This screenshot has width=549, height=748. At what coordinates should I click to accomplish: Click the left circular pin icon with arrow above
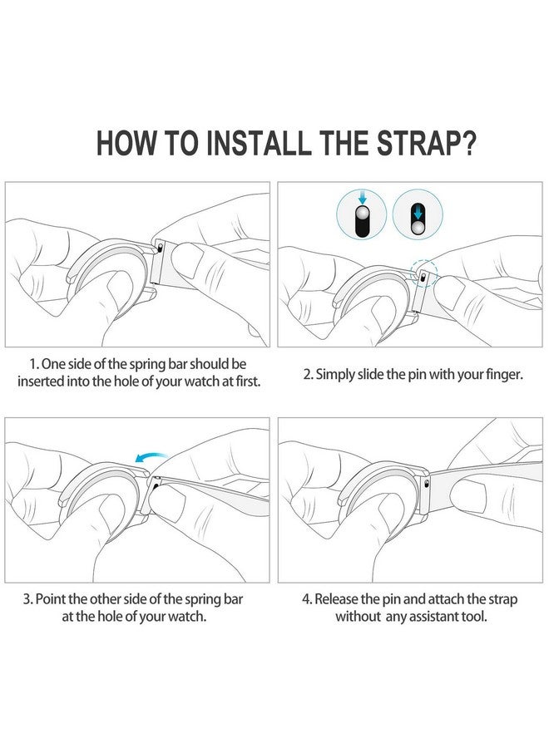coord(361,214)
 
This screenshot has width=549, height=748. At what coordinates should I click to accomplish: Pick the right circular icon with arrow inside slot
coord(418,214)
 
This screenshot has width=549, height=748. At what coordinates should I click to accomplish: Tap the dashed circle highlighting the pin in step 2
coord(423,273)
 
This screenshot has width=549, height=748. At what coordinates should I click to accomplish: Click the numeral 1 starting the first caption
coord(33,365)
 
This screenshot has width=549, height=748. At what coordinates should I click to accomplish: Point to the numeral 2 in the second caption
coord(308,375)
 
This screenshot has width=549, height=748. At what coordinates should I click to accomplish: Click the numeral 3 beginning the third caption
coord(27,599)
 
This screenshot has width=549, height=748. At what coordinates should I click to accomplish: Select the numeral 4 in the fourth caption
coord(306,599)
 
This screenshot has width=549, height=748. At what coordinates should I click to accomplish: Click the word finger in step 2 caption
coord(504,375)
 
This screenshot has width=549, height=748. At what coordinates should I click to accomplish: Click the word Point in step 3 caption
coord(51,599)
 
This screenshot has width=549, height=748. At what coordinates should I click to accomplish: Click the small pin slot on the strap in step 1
coord(161,248)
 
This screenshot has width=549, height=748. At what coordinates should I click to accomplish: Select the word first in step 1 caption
coord(249,381)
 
